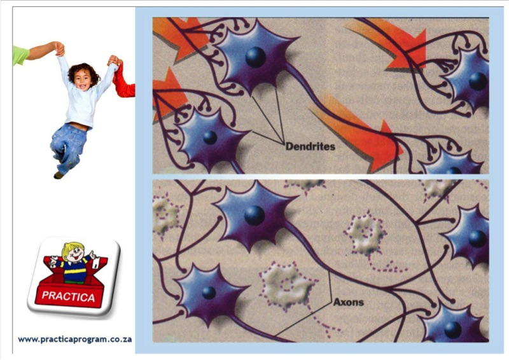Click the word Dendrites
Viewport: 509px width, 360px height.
click(x=310, y=146)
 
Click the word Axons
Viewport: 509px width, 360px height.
click(x=348, y=302)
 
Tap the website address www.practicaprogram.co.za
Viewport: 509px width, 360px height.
click(x=75, y=340)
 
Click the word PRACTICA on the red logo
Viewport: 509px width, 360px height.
click(x=68, y=296)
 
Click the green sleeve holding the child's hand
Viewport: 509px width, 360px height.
click(x=21, y=55)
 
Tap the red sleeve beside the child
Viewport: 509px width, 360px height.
click(x=123, y=83)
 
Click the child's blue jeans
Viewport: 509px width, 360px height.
click(x=68, y=146)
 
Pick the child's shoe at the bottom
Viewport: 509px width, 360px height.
click(x=59, y=175)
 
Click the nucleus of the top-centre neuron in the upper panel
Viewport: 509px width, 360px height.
click(x=256, y=57)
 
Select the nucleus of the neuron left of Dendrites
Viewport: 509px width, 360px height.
click(x=210, y=137)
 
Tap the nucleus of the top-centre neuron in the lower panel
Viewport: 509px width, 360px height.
click(x=254, y=215)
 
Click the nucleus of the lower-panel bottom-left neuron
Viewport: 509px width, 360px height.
click(x=209, y=293)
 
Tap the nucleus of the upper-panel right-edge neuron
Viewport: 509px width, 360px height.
click(x=478, y=81)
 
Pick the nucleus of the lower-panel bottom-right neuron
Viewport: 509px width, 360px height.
click(x=452, y=330)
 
